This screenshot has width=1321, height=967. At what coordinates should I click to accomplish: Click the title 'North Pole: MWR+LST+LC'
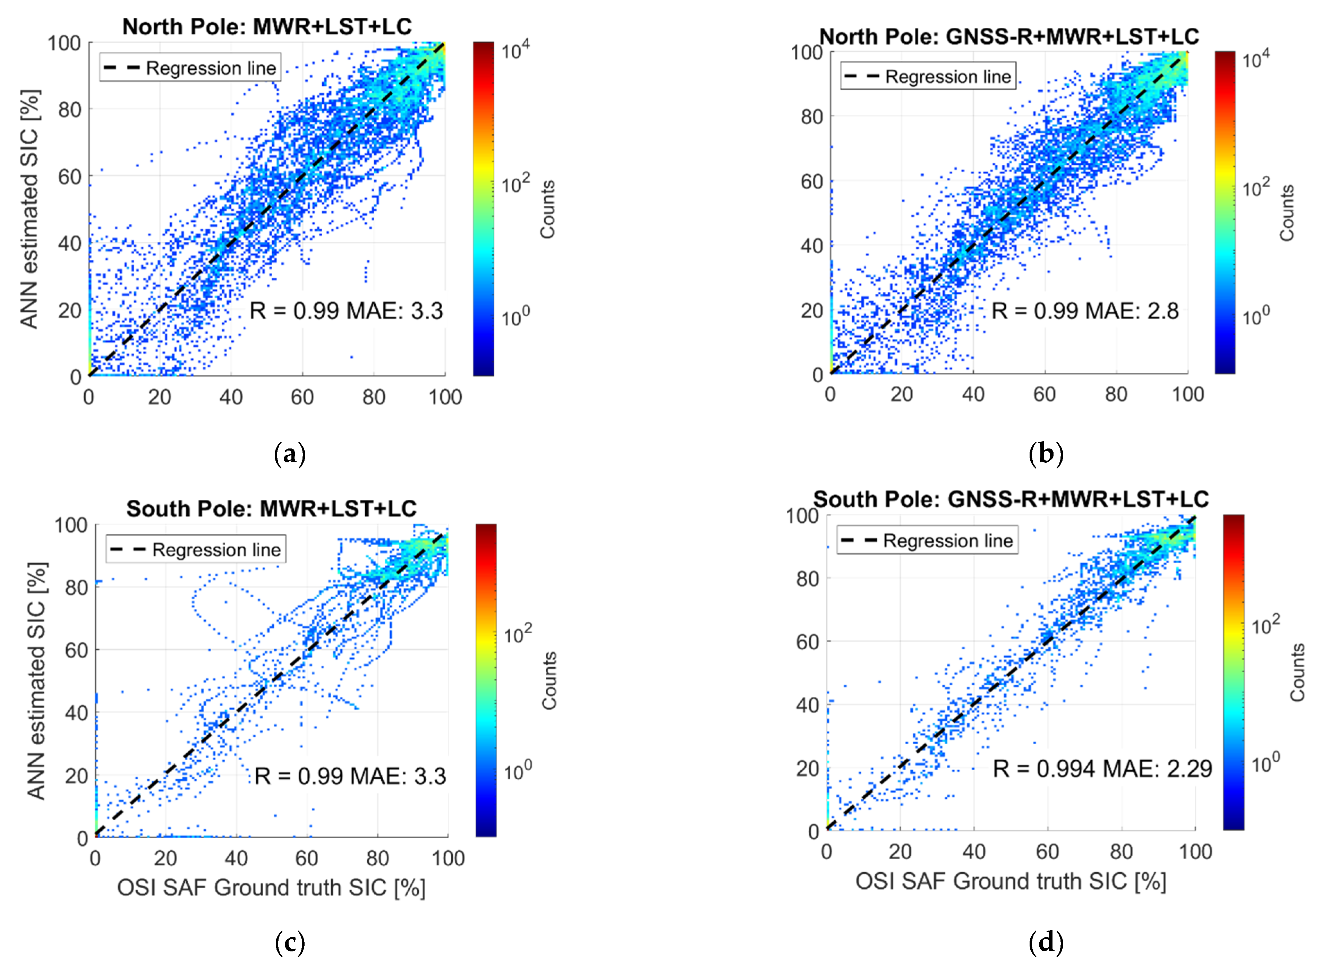267,26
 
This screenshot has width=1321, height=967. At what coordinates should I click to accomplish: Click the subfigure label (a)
290,454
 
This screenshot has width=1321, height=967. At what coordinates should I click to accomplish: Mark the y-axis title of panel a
29,209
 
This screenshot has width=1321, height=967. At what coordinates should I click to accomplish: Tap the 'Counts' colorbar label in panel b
1286,213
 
